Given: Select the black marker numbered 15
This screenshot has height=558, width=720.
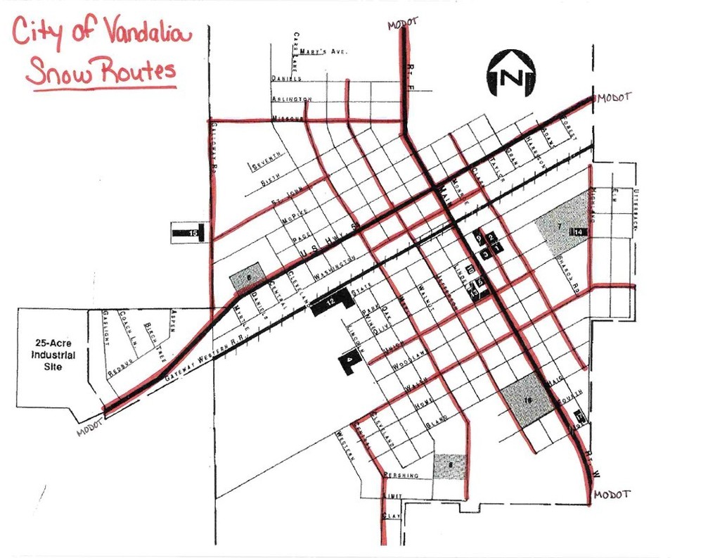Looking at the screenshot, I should (x=191, y=232).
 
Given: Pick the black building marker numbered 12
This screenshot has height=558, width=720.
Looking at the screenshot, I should (x=330, y=303).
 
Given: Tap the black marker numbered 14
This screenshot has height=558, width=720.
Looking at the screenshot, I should (x=579, y=232).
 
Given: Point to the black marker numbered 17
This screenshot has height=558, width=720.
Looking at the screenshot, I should (x=579, y=417).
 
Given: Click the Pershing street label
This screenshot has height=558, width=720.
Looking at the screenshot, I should (x=401, y=476).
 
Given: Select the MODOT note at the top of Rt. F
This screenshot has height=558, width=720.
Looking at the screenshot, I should (x=402, y=24).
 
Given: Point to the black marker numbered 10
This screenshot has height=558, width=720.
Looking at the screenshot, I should (x=470, y=270).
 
